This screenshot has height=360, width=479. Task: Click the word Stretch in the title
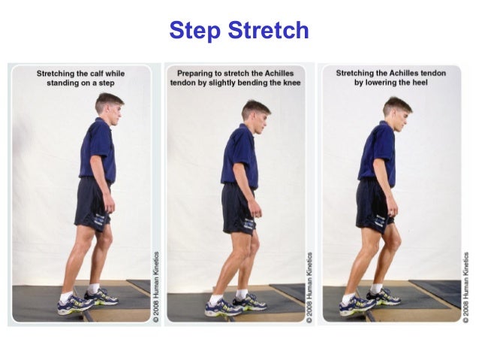pyautogui.click(x=268, y=30)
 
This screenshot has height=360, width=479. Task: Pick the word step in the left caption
pyautogui.click(x=107, y=83)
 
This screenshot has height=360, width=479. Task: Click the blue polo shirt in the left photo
pyautogui.click(x=98, y=151)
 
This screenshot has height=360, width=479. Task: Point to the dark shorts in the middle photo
pyautogui.click(x=238, y=209)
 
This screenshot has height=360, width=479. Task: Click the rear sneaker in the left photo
pyautogui.click(x=75, y=304)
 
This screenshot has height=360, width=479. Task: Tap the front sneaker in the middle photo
pyautogui.click(x=249, y=302)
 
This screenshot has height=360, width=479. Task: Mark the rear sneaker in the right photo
pyautogui.click(x=357, y=306)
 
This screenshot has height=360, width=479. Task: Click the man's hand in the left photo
pyautogui.click(x=109, y=204)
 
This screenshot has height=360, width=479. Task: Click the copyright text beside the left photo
pyautogui.click(x=156, y=287)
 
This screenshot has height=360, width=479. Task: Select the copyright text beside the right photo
pyautogui.click(x=466, y=288)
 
